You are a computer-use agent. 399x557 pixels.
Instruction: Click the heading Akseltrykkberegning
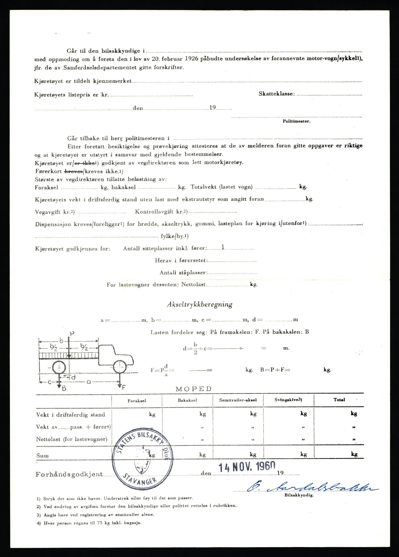coord(200,305)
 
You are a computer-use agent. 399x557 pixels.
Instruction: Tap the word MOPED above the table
coord(193,389)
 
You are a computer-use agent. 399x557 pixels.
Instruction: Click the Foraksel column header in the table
coord(137,400)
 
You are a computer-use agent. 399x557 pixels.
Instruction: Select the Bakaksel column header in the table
coord(187,400)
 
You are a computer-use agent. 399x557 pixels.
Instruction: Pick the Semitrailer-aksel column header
coord(238,400)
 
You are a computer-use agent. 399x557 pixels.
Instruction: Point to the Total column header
coord(339,400)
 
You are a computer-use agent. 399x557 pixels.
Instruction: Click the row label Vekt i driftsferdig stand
coord(70,415)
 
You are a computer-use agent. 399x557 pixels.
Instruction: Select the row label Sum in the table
coord(42,456)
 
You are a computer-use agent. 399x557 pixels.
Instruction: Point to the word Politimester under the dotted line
coord(296,121)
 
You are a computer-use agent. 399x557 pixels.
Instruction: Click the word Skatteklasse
coord(277,94)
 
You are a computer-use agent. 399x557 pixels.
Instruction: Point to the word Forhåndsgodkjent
coord(69,474)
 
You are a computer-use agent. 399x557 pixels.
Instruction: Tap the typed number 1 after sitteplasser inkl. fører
coord(223,247)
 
